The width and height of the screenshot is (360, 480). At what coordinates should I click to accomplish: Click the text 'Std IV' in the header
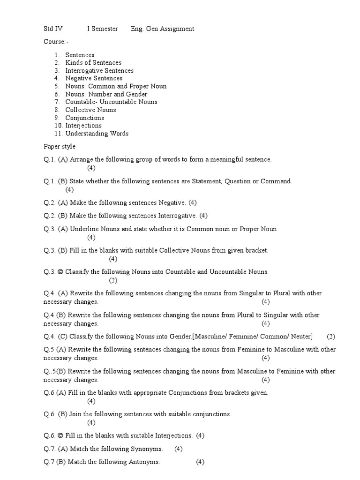[52, 29]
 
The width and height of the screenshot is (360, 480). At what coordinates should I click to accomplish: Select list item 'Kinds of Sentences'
[93, 63]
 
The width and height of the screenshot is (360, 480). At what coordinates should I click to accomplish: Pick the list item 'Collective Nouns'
[90, 110]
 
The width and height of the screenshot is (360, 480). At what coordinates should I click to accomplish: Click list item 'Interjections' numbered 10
[83, 126]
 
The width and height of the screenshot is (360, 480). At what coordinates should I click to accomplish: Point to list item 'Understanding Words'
[97, 134]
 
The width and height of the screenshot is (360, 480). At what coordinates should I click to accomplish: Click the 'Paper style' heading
[60, 147]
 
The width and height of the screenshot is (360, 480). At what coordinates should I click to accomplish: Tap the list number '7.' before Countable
[57, 102]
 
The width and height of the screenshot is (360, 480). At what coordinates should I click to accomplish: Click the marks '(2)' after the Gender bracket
[331, 337]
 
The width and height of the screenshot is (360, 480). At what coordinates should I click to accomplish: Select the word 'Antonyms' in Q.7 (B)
[145, 462]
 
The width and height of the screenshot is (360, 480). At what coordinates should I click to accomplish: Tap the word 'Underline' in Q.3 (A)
[83, 229]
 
